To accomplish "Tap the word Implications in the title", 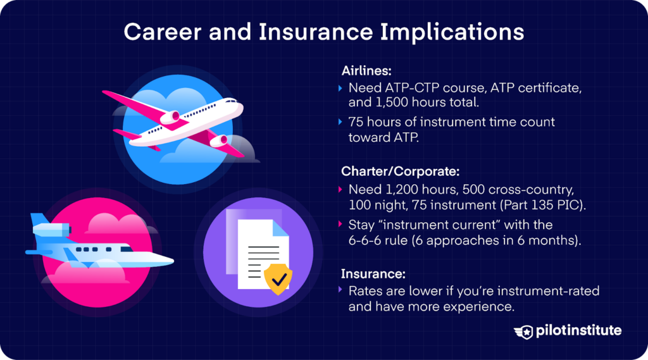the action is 452,32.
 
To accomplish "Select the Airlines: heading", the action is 366,71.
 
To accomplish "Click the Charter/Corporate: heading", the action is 400,171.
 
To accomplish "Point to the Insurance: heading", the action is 373,273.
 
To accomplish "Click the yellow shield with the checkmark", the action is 278,278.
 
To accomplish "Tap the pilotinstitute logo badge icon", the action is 523,332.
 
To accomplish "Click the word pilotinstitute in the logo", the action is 578,331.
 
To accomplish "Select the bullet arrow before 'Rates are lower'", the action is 340,290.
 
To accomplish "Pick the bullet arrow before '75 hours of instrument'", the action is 340,122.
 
